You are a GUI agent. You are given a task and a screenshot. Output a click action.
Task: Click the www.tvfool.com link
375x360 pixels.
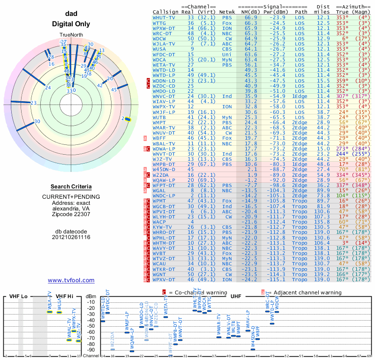pos(71,280)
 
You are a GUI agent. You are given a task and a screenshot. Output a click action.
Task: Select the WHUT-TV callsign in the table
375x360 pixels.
pos(164,17)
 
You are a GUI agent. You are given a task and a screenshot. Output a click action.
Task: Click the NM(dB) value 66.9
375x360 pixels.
pos(250,17)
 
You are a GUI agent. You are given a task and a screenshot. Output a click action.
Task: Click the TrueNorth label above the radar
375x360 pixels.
pos(70,36)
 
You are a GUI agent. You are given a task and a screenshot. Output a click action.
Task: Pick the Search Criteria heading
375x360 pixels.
pos(71,187)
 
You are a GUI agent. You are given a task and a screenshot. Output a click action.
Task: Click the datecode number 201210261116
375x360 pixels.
pos(71,237)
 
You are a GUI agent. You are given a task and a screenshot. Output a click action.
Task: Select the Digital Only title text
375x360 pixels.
pos(71,24)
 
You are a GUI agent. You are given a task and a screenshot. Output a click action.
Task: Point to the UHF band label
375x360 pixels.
pos(235,296)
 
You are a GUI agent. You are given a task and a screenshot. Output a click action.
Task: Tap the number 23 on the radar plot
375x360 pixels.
pos(33,103)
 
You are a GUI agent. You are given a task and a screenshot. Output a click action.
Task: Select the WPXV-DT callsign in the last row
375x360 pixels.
pos(164,280)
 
